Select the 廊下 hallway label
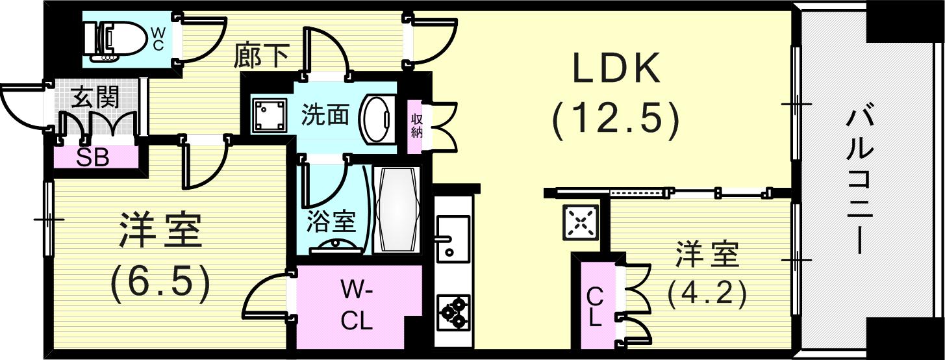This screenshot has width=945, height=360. tap(261, 57)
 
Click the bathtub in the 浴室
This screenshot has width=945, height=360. tap(397, 209)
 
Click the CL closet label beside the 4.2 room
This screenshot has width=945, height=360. tap(595, 307)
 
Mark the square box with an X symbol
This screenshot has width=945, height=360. tap(581, 223)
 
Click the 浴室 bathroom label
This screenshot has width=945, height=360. tap(331, 222)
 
